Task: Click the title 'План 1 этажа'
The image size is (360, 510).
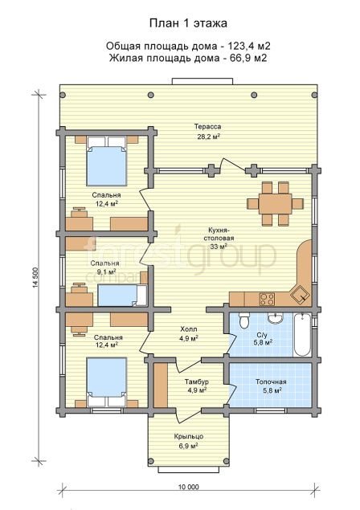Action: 188,23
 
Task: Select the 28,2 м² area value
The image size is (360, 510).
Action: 207,137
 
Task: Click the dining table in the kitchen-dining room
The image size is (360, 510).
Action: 275,204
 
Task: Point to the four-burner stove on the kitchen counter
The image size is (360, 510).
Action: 267,300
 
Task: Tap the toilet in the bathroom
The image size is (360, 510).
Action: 243,320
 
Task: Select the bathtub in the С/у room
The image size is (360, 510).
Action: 302,335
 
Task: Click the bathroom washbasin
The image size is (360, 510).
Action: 276,318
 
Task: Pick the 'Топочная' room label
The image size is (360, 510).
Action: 271,381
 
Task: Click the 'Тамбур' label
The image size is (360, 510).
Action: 197,381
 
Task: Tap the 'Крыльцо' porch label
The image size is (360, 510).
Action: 189,436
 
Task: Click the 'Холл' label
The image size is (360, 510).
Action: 189,329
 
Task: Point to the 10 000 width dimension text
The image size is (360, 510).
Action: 188,487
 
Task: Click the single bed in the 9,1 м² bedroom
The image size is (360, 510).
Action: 122,296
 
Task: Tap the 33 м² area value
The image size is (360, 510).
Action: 219,247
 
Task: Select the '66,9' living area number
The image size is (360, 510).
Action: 237,58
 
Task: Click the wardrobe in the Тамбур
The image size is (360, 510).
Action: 161,385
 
